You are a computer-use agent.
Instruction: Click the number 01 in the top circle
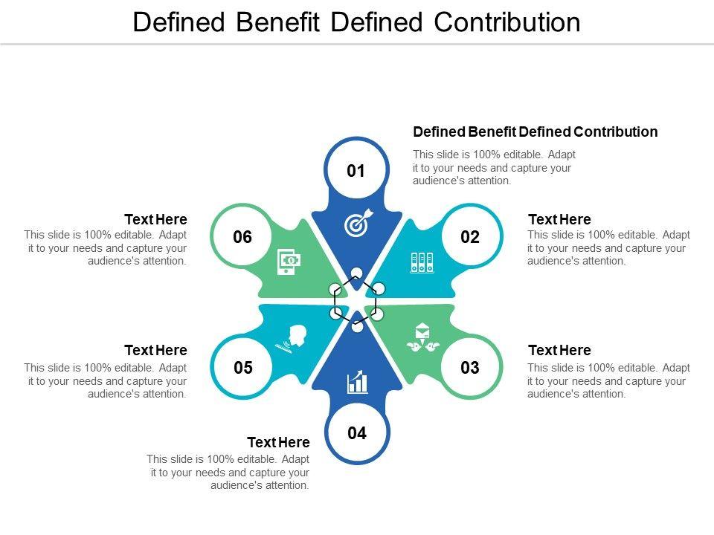click(x=357, y=172)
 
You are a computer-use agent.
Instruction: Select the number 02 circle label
click(x=470, y=238)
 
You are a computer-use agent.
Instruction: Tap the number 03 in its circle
click(x=470, y=368)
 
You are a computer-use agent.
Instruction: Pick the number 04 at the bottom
click(x=357, y=433)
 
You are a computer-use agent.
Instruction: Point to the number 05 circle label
click(x=243, y=368)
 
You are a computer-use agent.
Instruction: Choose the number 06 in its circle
click(x=243, y=238)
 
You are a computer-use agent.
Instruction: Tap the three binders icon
click(x=422, y=262)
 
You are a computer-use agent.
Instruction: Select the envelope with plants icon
click(x=423, y=338)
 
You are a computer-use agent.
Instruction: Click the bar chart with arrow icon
click(x=358, y=382)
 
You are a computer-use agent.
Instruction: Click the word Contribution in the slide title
click(x=507, y=22)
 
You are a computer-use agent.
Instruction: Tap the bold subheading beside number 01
click(x=535, y=132)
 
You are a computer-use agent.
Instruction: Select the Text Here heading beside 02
click(x=559, y=219)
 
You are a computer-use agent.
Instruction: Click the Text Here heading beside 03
click(x=559, y=350)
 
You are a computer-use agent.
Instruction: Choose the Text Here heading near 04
click(x=278, y=442)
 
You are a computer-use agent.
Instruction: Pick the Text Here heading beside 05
click(x=155, y=350)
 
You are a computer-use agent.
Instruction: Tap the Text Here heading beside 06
click(x=155, y=219)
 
